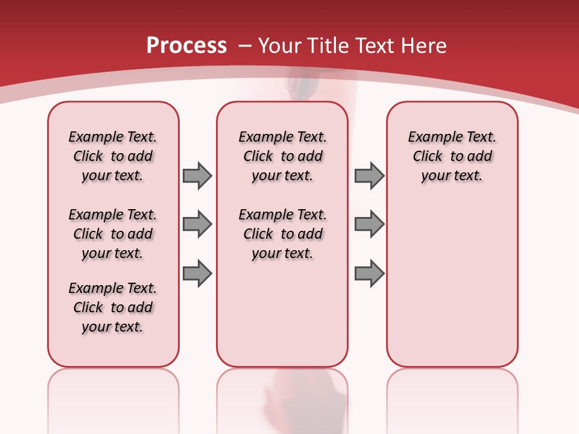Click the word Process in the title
click(186, 45)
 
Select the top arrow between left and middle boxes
click(197, 175)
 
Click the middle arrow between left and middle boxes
click(197, 224)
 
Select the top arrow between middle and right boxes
click(369, 175)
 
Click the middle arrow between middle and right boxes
click(369, 224)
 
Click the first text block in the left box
click(113, 156)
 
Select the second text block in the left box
click(113, 234)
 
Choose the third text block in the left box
click(113, 307)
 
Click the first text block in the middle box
click(282, 156)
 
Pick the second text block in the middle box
click(282, 234)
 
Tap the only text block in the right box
click(452, 156)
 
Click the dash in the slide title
click(244, 46)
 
